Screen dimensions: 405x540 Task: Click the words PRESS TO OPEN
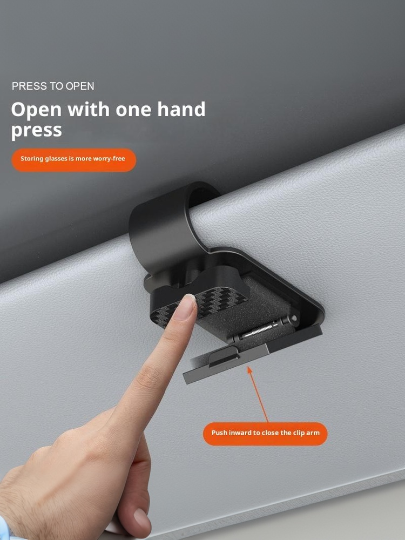(53, 86)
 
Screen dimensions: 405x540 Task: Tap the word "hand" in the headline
(181, 109)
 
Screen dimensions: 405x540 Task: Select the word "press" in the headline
(37, 131)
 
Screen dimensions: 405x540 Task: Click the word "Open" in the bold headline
(36, 110)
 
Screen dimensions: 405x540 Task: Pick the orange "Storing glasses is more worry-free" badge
(73, 160)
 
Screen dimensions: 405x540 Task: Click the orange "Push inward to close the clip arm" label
(265, 434)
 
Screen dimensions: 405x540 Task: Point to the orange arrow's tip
(248, 367)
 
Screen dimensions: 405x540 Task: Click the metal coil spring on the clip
(260, 329)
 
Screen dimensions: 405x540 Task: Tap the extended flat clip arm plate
(252, 355)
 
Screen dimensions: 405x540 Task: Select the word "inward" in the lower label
(239, 433)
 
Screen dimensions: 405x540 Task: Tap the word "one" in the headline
(133, 110)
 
